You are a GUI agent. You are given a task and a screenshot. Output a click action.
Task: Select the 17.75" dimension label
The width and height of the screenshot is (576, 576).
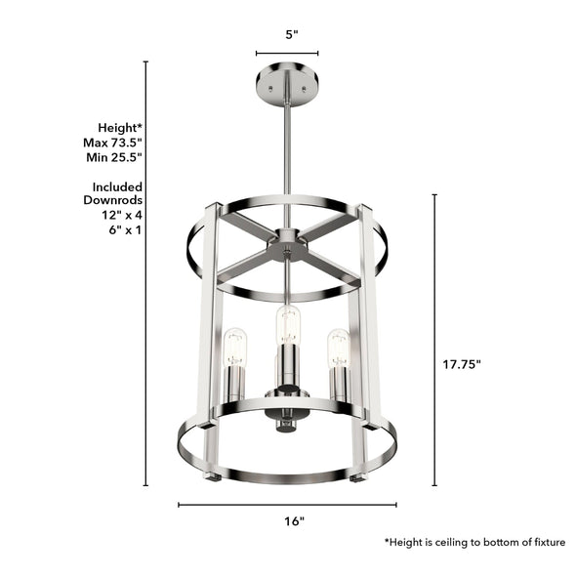point(461,363)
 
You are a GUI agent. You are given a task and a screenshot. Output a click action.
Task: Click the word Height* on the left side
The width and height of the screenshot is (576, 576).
point(120,127)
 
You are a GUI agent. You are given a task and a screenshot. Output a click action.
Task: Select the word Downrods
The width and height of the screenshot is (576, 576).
point(117,200)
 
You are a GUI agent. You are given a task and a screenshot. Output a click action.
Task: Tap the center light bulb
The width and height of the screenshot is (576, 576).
point(287,323)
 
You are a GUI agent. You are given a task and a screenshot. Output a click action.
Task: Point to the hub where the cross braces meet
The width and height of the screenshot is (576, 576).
point(287,244)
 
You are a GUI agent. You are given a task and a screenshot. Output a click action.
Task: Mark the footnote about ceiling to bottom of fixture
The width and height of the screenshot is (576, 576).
point(474,542)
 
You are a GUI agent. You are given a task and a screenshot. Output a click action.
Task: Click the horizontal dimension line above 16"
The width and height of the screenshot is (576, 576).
point(287,505)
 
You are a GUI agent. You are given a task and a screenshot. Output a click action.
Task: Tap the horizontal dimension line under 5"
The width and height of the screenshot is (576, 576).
point(287,54)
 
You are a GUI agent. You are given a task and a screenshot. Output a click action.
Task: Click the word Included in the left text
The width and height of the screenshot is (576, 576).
point(118,185)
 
